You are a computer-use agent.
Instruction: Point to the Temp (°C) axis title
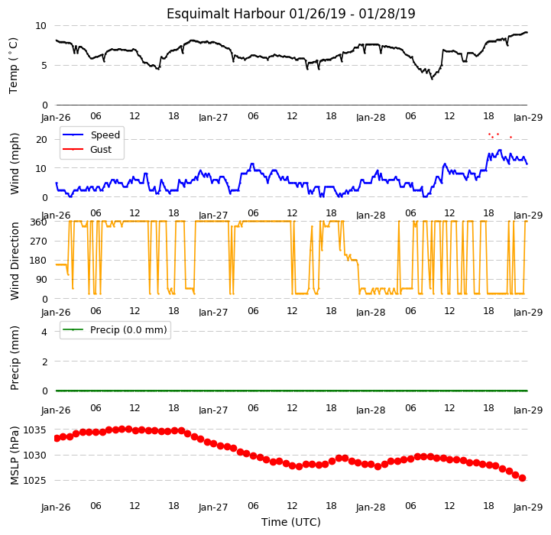pos(13,66)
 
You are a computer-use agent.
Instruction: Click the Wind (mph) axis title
pos(15,164)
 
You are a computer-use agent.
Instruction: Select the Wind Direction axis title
pos(15,261)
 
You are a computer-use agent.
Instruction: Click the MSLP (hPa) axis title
pos(15,456)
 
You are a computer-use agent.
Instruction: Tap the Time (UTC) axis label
pos(291,522)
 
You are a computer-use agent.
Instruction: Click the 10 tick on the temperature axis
pos(41,26)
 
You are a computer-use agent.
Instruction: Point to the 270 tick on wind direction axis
pos(38,242)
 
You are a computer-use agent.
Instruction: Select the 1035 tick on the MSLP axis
pos(34,430)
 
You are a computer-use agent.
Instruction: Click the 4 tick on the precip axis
pos(44,332)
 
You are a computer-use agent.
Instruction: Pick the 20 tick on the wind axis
pos(41,140)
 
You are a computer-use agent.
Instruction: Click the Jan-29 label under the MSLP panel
pos(528,507)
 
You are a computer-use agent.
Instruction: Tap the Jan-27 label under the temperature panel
pos(213,118)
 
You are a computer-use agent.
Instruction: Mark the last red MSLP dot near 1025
pos(522,478)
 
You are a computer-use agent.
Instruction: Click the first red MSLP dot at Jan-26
pos(57,439)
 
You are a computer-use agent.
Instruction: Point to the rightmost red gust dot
pos(511,137)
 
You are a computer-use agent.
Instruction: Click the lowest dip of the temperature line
pos(432,79)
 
